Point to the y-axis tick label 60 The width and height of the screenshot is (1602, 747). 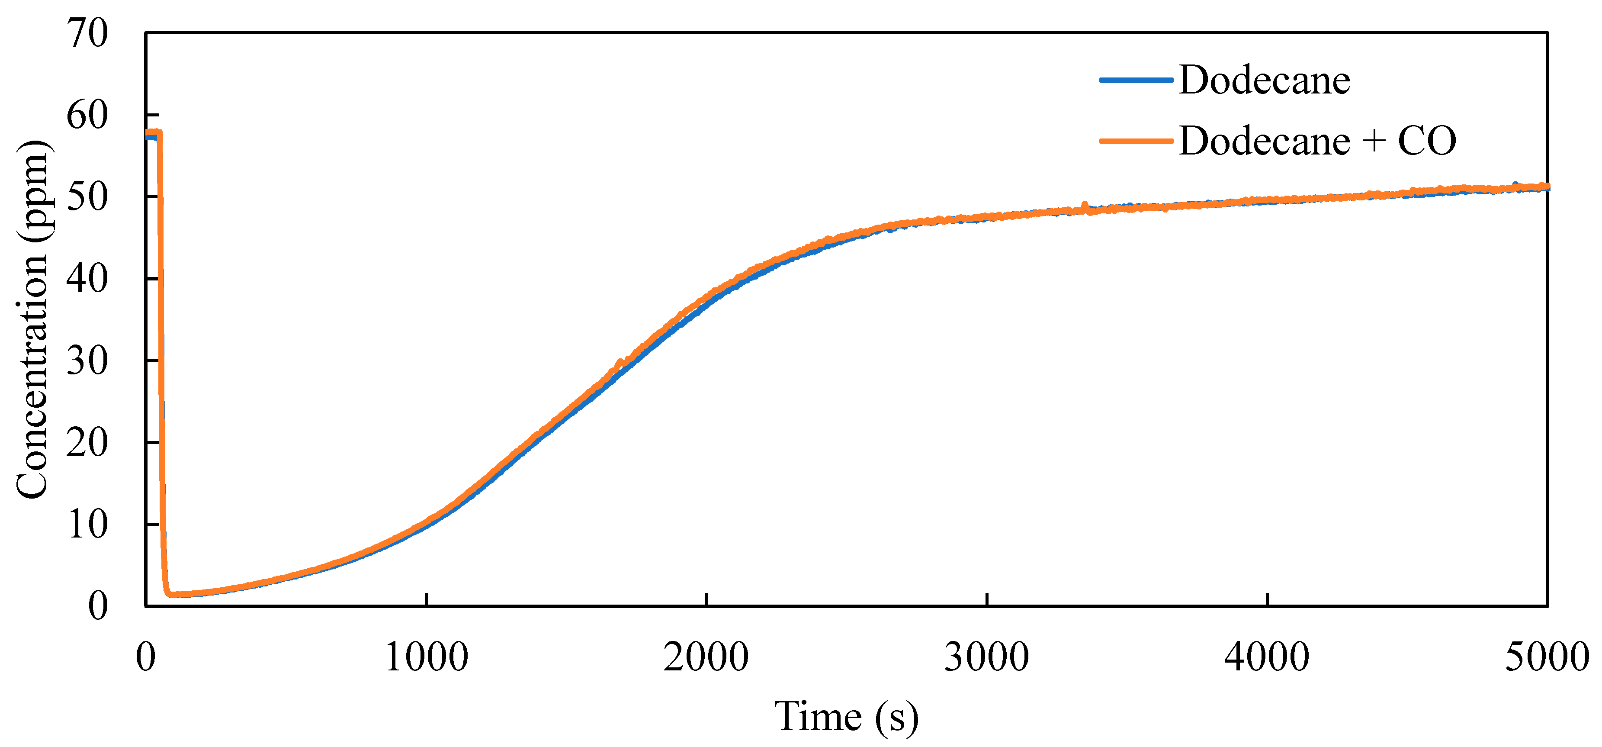[88, 115]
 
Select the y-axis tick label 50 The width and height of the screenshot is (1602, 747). [88, 197]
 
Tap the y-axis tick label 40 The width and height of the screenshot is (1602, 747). [88, 279]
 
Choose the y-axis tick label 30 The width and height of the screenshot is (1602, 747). [88, 361]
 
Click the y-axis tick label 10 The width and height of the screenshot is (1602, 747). [88, 525]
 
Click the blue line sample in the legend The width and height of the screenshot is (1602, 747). [1136, 80]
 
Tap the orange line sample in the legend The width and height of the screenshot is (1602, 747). [1136, 141]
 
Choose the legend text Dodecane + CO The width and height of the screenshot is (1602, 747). [1317, 141]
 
